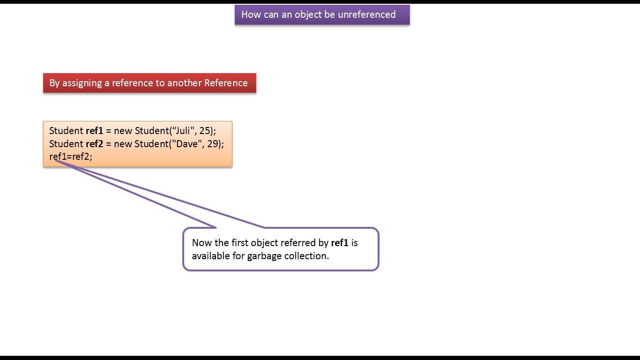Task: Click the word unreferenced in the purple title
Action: click(367, 15)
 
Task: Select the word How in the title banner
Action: click(251, 15)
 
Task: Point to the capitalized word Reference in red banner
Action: click(226, 83)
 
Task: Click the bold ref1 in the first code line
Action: click(94, 131)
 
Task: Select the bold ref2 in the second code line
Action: click(94, 144)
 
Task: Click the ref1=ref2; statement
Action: click(71, 157)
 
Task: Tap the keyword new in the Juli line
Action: click(123, 131)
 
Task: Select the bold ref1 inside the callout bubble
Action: click(340, 243)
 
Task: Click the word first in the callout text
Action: click(240, 243)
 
